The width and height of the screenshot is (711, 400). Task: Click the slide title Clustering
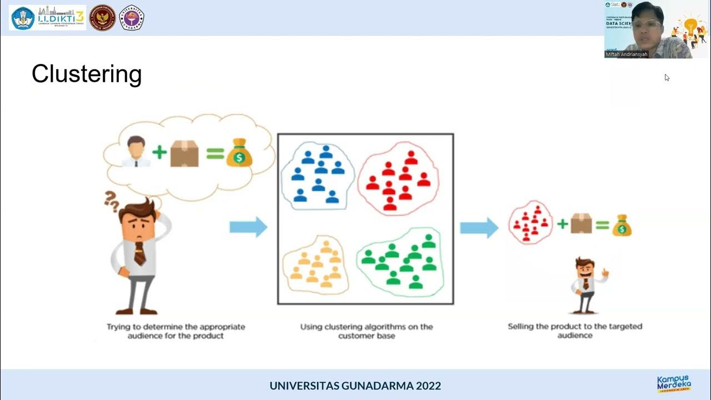[x=87, y=74]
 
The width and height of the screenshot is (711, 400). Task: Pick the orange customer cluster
[x=316, y=264]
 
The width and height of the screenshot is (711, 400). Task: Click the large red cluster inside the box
[x=398, y=177]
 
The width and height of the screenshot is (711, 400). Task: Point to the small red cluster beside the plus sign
[x=530, y=223]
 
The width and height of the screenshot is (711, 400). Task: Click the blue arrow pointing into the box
[x=248, y=227]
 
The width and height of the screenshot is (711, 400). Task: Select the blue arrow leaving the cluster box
[x=479, y=227]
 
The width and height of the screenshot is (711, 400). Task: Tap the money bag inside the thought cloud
[x=239, y=153]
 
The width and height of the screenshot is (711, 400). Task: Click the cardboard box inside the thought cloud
[x=184, y=153]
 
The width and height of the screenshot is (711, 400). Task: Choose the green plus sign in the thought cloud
[x=159, y=153]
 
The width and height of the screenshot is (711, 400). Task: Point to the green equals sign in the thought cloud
[x=215, y=153]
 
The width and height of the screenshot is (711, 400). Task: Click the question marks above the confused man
[x=112, y=201]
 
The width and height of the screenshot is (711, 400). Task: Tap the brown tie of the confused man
[x=140, y=253]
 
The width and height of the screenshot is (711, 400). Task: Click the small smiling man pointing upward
[x=586, y=284]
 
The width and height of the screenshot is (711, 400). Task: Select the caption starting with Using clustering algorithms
[x=367, y=331]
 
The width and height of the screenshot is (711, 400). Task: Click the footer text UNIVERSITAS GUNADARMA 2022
[x=355, y=386]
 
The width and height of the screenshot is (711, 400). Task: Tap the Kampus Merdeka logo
[x=674, y=384]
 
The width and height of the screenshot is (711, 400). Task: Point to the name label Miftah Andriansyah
[x=627, y=54]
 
